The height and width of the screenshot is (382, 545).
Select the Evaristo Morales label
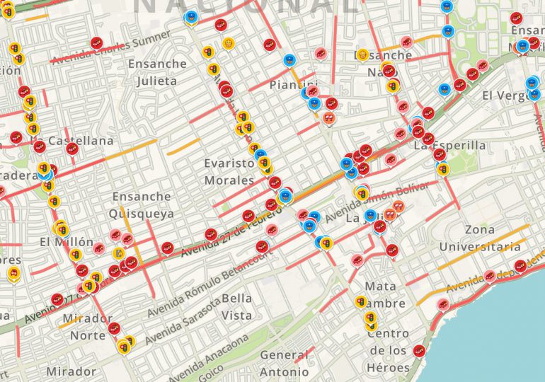[x=229, y=172]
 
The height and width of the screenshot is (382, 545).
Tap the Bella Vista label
[x=236, y=306]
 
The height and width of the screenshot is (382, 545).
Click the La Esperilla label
[x=449, y=146]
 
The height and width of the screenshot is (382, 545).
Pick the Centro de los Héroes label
[x=389, y=350]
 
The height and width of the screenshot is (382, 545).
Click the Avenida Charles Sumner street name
[x=112, y=47]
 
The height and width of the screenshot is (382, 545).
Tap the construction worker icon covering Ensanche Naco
[x=362, y=54]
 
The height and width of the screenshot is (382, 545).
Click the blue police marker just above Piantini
[x=289, y=61]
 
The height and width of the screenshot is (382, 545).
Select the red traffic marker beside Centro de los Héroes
[x=419, y=350]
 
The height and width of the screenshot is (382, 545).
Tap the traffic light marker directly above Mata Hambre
[x=361, y=302]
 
